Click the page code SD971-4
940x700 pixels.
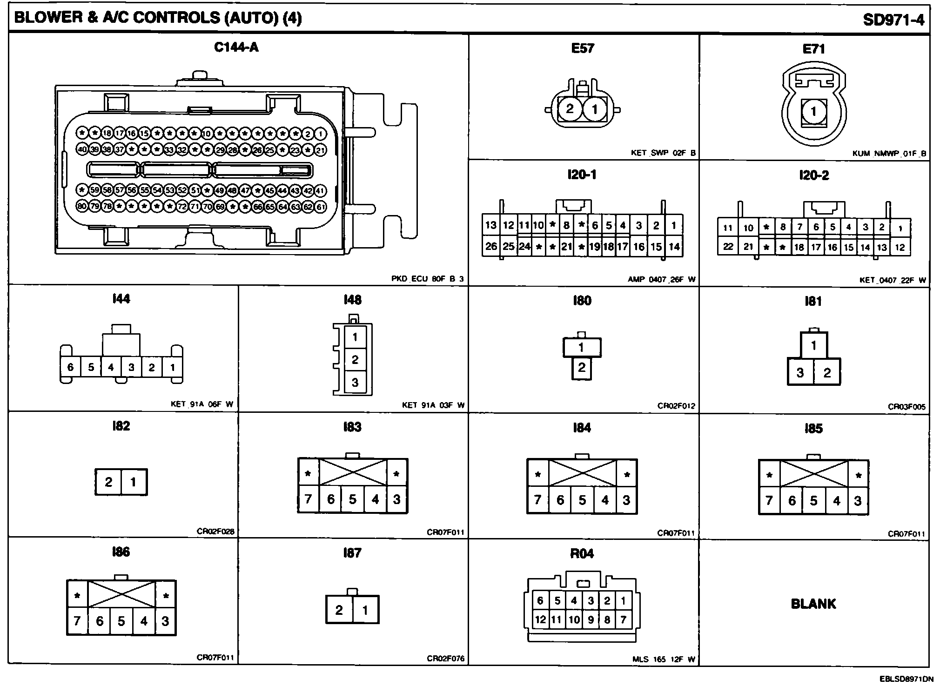[x=893, y=20]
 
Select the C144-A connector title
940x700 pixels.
[x=236, y=47]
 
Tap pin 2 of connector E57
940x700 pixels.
[x=570, y=109]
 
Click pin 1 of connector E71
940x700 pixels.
[x=813, y=112]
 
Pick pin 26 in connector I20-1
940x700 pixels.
[x=491, y=246]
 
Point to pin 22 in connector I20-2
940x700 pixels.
[x=728, y=247]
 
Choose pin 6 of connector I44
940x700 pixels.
[x=70, y=367]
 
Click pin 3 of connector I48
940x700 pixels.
[x=355, y=383]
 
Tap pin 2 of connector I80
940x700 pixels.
[x=582, y=368]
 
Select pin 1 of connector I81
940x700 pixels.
[x=813, y=346]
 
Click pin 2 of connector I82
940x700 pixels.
[x=108, y=482]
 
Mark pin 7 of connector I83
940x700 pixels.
[x=308, y=499]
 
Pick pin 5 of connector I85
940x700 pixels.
[x=813, y=501]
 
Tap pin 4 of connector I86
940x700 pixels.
[x=144, y=621]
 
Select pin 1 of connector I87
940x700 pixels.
[x=365, y=610]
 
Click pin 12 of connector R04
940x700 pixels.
[x=540, y=619]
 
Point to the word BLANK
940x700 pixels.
[x=813, y=604]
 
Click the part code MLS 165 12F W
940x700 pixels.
[x=664, y=659]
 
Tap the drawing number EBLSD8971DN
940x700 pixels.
[x=906, y=679]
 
